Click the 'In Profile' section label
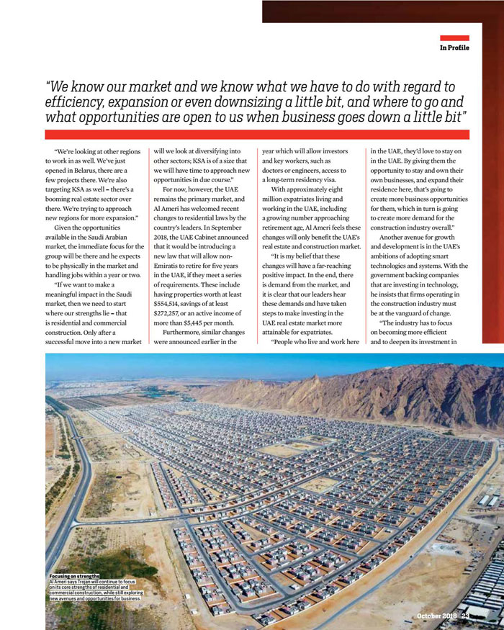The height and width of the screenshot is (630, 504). (x=454, y=48)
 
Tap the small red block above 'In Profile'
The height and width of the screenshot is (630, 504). (x=454, y=38)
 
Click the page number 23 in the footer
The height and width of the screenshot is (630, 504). (x=466, y=616)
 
